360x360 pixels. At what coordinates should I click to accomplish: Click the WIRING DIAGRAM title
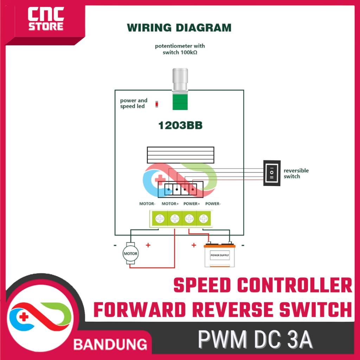pyautogui.click(x=179, y=27)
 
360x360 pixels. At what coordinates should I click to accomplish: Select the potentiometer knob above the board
pyautogui.click(x=180, y=79)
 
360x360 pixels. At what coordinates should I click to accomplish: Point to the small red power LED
pyautogui.click(x=157, y=104)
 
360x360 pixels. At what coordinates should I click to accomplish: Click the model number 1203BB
pyautogui.click(x=180, y=126)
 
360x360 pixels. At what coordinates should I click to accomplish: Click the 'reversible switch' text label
pyautogui.click(x=296, y=173)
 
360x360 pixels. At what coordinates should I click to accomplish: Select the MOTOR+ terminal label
pyautogui.click(x=171, y=204)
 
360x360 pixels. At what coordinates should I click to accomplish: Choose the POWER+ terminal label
pyautogui.click(x=192, y=204)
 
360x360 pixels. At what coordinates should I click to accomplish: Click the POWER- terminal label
pyautogui.click(x=213, y=204)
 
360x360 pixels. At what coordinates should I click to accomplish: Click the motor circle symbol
pyautogui.click(x=130, y=253)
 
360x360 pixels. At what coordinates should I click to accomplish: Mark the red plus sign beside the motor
pyautogui.click(x=148, y=245)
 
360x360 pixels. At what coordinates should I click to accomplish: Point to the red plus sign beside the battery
pyautogui.click(x=194, y=245)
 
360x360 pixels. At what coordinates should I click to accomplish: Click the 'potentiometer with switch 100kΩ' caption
pyautogui.click(x=180, y=49)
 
